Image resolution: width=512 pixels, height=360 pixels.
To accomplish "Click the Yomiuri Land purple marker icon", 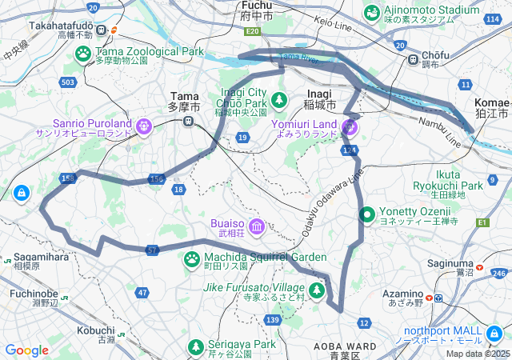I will click(350, 126).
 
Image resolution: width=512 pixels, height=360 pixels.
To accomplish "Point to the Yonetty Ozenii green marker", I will click(367, 214).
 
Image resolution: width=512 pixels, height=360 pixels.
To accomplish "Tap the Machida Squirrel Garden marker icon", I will click(192, 258).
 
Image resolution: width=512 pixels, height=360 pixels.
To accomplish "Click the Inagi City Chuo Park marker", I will click(279, 99).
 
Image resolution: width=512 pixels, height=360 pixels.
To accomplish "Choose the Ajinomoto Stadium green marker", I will click(372, 12).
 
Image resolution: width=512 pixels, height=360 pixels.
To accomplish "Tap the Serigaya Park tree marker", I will click(195, 346).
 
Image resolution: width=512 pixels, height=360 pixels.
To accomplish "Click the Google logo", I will click(26, 350).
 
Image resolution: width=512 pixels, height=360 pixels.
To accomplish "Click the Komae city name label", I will click(491, 103).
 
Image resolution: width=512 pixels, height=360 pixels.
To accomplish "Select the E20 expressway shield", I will click(254, 31).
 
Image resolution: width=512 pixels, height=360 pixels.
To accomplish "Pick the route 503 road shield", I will click(68, 82).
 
